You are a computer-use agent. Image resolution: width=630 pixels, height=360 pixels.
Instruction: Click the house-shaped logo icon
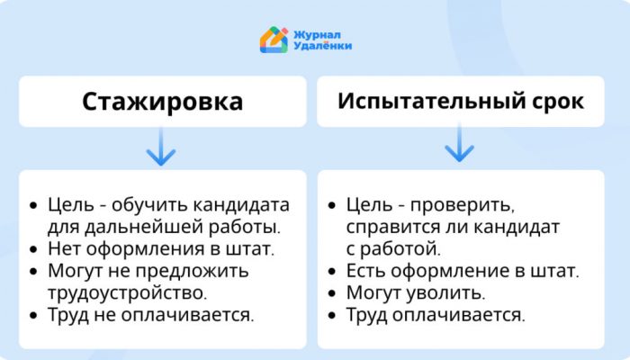coord(274,40)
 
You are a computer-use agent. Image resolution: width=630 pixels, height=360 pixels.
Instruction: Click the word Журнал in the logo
coord(317,35)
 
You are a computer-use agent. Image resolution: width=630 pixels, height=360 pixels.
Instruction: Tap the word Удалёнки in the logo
coord(322,46)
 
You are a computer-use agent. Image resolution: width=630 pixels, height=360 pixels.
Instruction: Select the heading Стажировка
coord(162,101)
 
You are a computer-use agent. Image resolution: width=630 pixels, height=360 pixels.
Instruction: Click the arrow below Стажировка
coord(161,147)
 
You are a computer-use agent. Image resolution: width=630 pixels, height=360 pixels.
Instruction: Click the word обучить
coord(149,205)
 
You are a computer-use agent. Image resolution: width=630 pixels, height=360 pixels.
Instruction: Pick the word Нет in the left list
coord(64,248)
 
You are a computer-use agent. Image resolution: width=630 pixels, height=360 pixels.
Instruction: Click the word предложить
coord(192,271)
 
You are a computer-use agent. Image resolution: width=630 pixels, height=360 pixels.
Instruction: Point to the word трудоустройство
coord(128,292)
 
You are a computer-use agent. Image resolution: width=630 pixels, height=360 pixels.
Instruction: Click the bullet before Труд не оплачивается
coord(33,315)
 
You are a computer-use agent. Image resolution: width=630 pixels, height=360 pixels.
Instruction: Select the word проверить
coord(462,206)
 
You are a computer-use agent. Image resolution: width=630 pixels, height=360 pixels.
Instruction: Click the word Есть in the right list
coord(365,271)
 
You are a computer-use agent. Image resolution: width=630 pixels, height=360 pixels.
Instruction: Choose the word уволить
coord(445,292)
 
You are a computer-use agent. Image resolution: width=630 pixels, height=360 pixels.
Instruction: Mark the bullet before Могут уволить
coord(332,293)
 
